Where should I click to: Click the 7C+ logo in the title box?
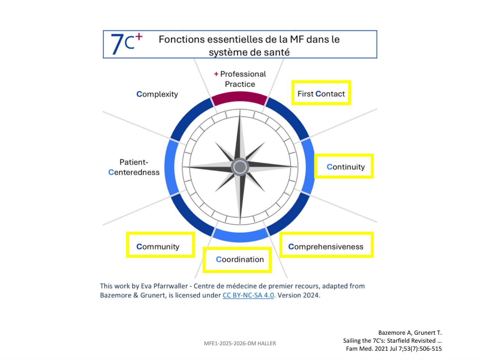coord(127,44)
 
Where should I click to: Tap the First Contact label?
coord(321,94)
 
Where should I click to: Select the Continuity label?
coord(346,167)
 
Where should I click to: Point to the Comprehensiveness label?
coord(326,247)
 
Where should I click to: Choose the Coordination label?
coord(240,260)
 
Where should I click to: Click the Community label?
coord(158,247)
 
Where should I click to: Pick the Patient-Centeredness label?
coord(134,167)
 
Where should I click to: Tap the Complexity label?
coord(157,94)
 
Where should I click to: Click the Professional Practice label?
coord(240,79)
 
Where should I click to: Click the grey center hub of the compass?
coord(240,167)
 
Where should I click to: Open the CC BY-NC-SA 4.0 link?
coord(248,295)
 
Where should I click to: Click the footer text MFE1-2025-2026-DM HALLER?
coord(240,344)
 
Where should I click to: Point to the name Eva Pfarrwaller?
coord(164,286)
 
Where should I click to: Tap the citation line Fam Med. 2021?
coord(394,349)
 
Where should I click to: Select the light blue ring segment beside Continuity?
coord(308,166)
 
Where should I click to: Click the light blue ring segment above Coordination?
coord(240,236)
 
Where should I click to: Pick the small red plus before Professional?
coord(216,74)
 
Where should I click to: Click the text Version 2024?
coord(299,295)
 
